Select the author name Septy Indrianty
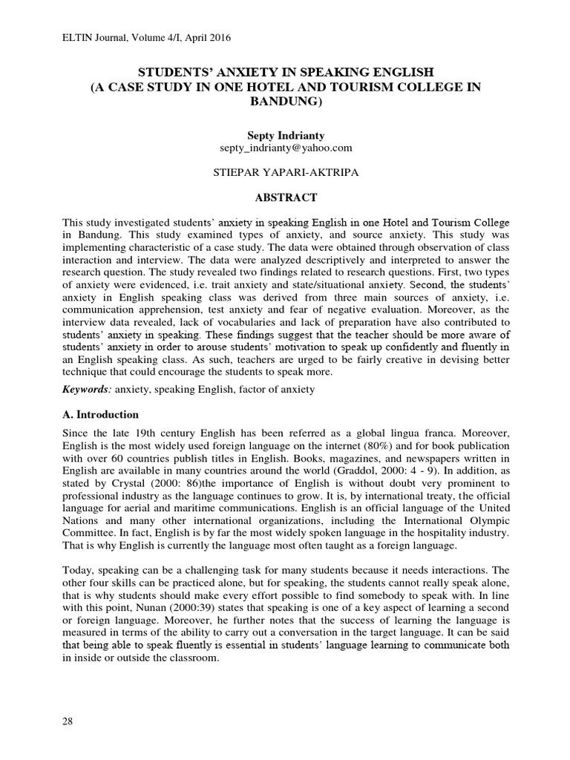tap(285, 136)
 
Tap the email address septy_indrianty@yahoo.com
tap(285, 148)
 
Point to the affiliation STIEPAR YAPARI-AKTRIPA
tap(285, 172)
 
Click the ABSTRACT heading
tap(285, 197)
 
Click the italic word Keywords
tap(87, 389)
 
